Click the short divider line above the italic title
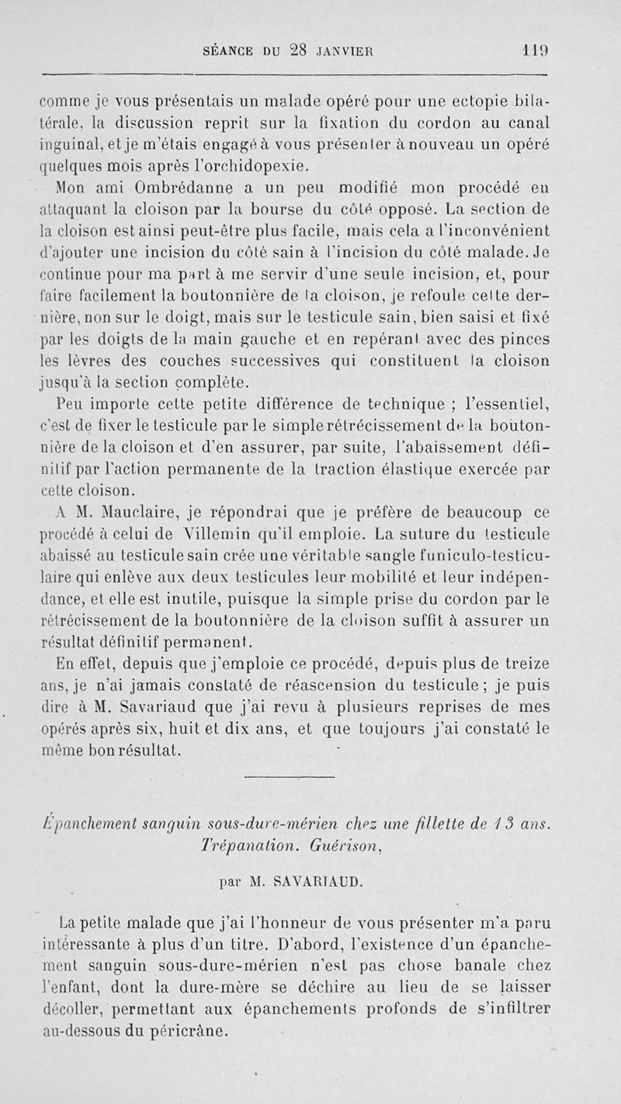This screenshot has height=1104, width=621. click(300, 778)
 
